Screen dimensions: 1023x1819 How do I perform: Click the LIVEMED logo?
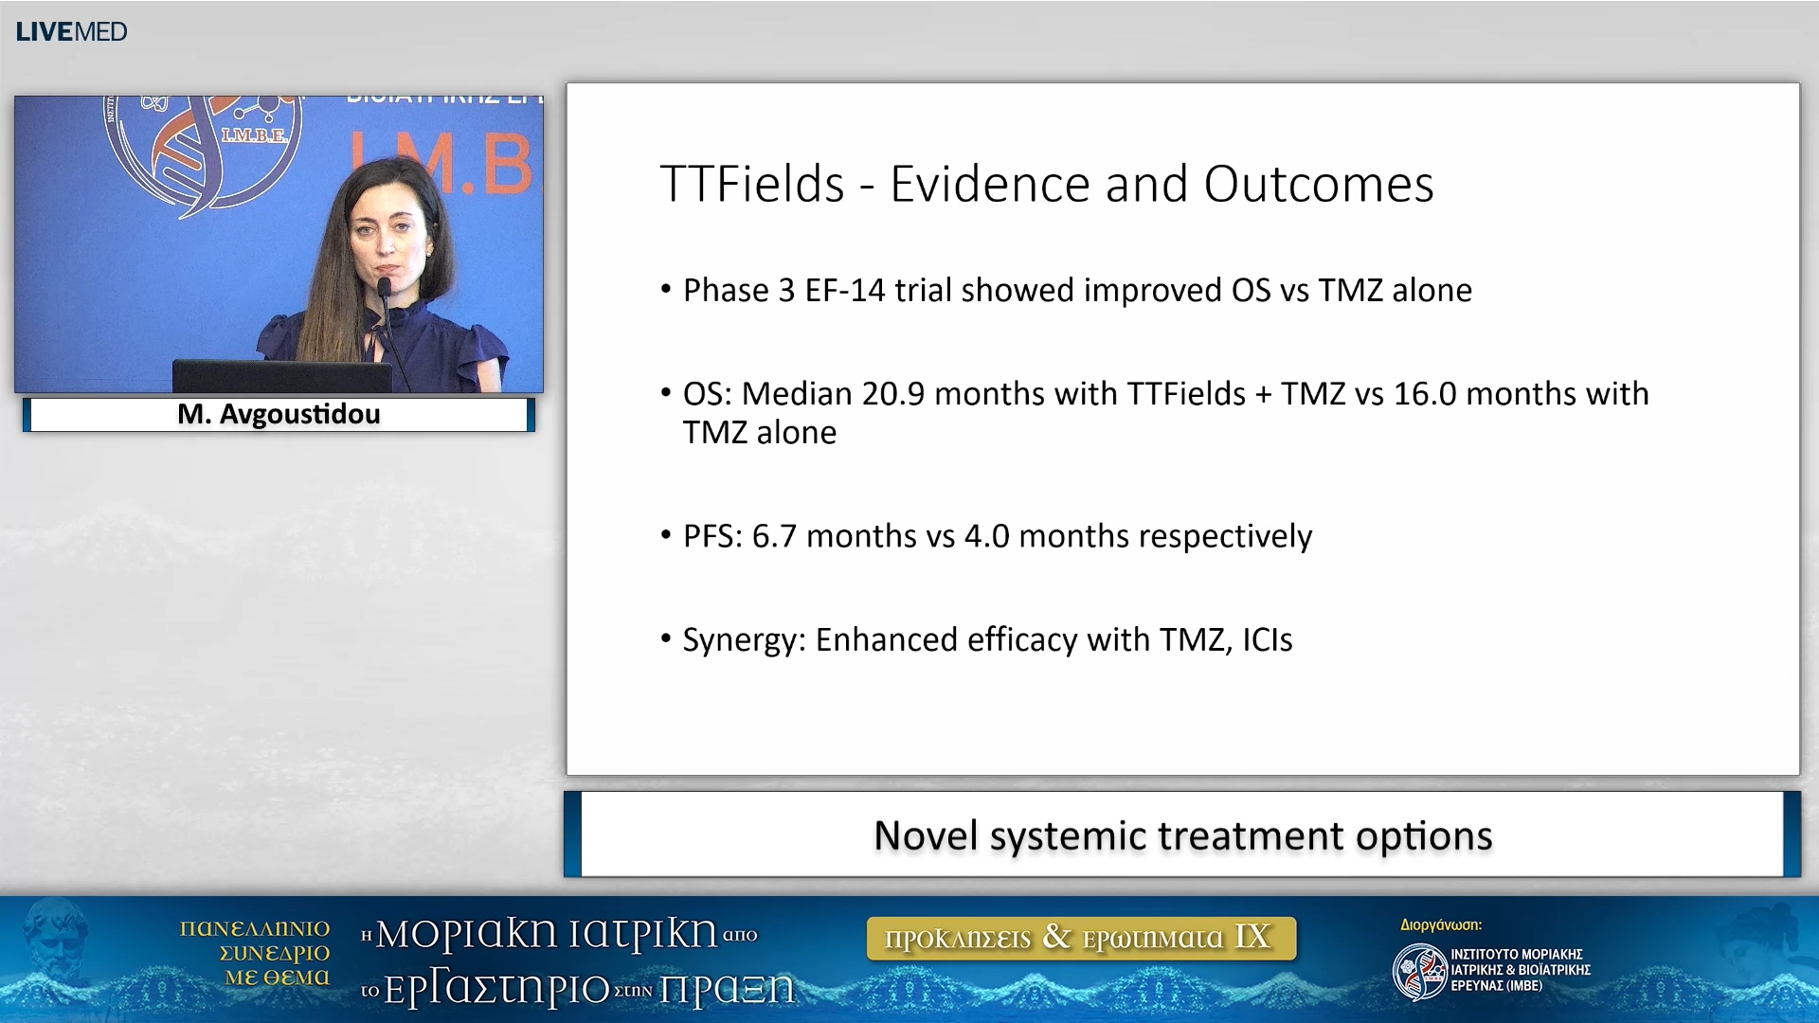(x=71, y=31)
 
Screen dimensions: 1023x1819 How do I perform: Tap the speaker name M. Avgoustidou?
(x=279, y=414)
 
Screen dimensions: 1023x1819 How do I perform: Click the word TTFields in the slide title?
(x=751, y=184)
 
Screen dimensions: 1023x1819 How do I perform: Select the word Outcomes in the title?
(x=1318, y=184)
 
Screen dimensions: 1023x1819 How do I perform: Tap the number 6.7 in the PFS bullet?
(x=774, y=536)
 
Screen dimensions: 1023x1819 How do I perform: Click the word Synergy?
(x=743, y=640)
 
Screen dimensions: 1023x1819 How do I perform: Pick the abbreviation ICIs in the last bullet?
(x=1267, y=640)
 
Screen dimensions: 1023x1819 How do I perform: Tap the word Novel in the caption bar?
(x=925, y=835)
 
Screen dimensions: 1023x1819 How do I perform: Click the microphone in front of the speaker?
(x=385, y=288)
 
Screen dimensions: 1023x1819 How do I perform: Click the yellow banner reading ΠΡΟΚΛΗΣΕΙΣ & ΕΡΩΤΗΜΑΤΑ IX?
(x=1080, y=938)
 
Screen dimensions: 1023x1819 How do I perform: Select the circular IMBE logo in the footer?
(x=1418, y=972)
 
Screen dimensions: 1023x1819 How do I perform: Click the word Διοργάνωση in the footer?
(x=1440, y=924)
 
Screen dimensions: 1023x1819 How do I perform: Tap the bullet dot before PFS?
(x=666, y=535)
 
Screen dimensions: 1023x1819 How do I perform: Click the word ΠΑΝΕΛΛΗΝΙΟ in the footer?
(x=254, y=928)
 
